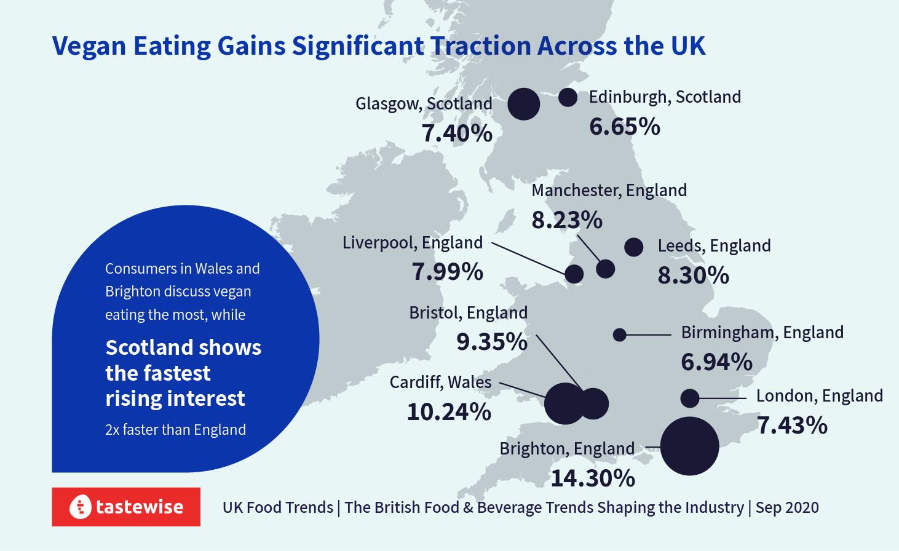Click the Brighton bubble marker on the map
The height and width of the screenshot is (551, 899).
click(x=689, y=446)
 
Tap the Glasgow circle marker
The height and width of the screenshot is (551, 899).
click(x=524, y=104)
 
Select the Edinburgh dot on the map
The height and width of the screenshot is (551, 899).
click(x=568, y=97)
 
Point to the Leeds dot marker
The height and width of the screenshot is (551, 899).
click(x=633, y=247)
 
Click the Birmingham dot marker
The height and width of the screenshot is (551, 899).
click(x=620, y=335)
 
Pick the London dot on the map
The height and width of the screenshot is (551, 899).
click(x=690, y=398)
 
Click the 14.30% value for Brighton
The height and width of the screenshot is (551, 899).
click(x=592, y=478)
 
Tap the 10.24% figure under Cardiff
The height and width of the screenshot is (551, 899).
click(x=449, y=411)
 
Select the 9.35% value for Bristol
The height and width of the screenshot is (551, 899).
click(x=491, y=341)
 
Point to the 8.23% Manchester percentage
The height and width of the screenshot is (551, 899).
click(x=567, y=220)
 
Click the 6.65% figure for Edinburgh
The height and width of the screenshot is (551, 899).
click(x=624, y=127)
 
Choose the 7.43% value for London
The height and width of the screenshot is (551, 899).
click(x=792, y=425)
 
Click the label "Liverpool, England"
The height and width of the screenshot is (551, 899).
click(x=412, y=242)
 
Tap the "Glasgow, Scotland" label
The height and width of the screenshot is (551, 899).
click(x=424, y=103)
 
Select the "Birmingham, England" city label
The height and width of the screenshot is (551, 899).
click(x=762, y=332)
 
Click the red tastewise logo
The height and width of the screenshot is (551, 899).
click(x=126, y=507)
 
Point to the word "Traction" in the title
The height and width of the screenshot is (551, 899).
click(x=480, y=46)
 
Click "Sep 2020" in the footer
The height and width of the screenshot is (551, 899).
click(x=787, y=507)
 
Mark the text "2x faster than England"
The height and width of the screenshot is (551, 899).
click(x=175, y=429)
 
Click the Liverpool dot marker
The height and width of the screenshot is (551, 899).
click(x=574, y=274)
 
